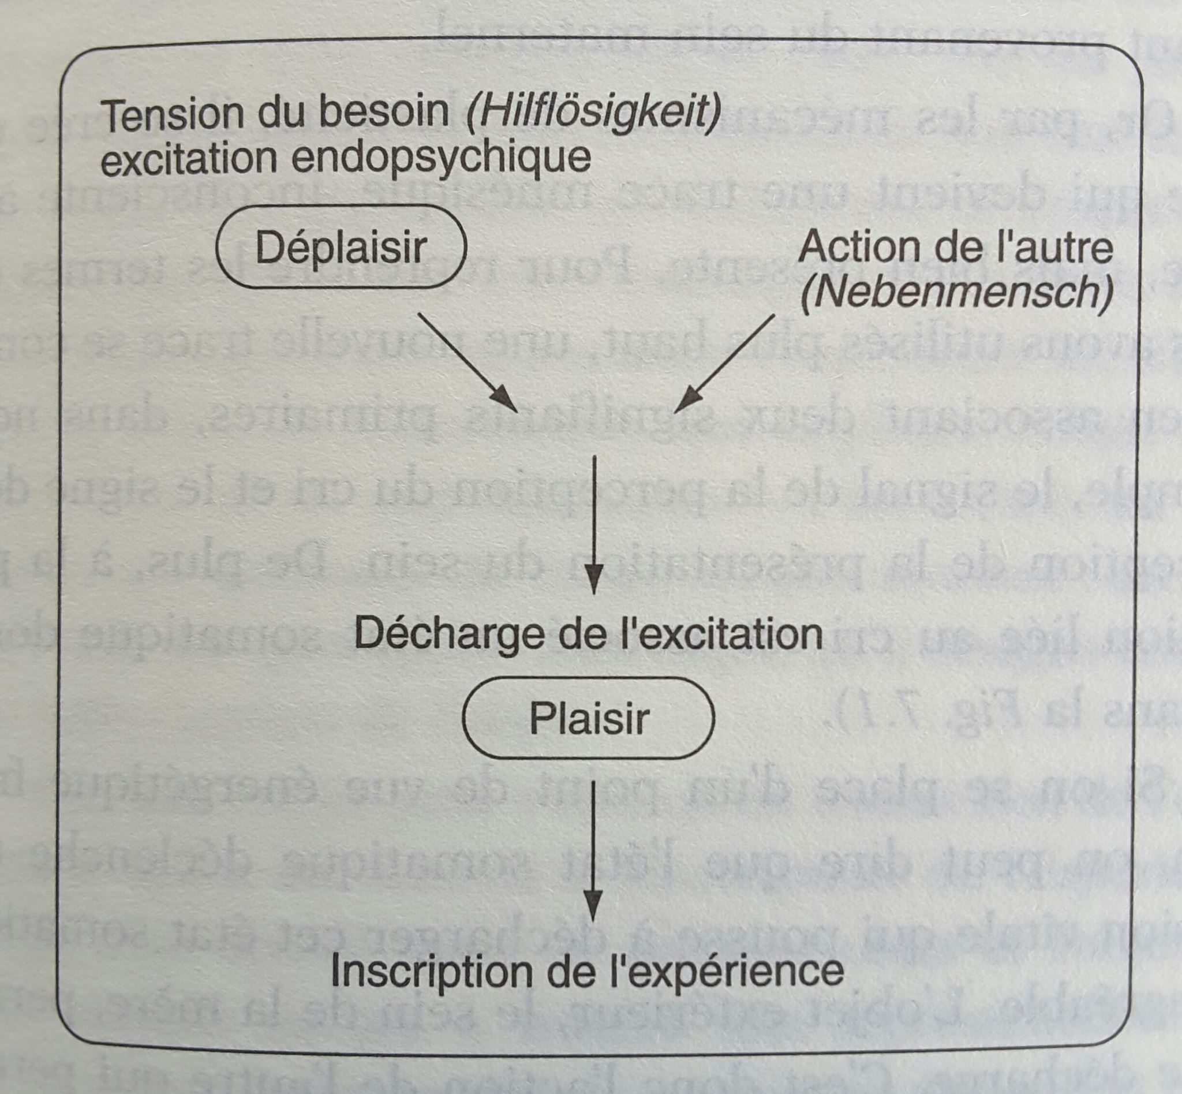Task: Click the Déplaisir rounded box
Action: click(342, 247)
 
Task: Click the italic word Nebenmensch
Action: click(956, 293)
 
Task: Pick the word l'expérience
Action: click(724, 972)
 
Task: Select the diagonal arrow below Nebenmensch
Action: click(724, 362)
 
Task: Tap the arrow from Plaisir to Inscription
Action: click(593, 849)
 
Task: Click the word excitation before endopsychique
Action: click(188, 158)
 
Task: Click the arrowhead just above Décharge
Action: click(593, 580)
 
